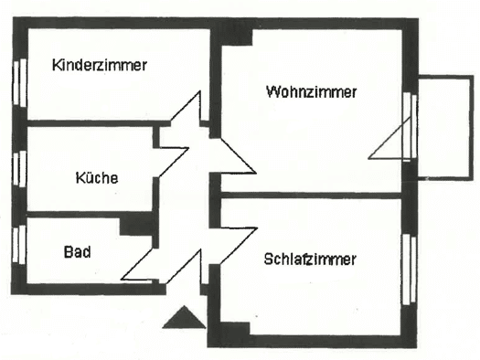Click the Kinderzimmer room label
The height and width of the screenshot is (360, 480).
(x=100, y=65)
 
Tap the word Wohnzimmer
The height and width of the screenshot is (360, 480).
(x=312, y=91)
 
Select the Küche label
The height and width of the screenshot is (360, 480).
(x=97, y=177)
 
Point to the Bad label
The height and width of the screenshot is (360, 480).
(x=78, y=252)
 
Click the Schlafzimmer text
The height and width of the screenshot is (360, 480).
(x=310, y=259)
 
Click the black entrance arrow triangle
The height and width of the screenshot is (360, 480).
(x=184, y=317)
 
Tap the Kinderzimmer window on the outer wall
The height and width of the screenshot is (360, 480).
(x=20, y=82)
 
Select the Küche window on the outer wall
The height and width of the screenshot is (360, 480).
(x=19, y=168)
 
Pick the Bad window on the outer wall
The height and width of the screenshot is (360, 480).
(x=19, y=244)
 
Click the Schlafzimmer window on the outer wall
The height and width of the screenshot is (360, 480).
(x=410, y=270)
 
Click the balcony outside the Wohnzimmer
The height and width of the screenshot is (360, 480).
(x=445, y=128)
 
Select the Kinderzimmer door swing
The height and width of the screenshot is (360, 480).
(x=186, y=108)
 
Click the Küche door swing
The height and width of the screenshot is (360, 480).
(x=173, y=162)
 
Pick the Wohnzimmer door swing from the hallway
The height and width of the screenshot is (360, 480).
(x=238, y=156)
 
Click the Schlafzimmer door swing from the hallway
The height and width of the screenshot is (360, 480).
(x=238, y=245)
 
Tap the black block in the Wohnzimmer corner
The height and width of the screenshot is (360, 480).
(x=236, y=37)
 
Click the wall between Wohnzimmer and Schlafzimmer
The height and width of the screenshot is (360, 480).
(x=311, y=196)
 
